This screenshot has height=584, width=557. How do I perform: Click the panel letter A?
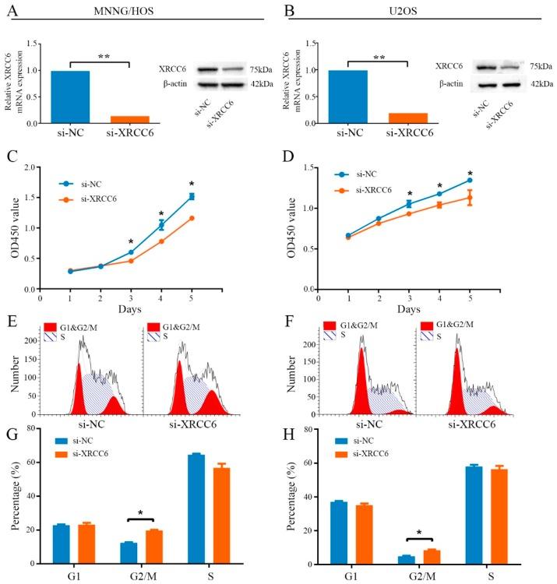click(12, 10)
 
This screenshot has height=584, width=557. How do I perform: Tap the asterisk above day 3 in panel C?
click(131, 241)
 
